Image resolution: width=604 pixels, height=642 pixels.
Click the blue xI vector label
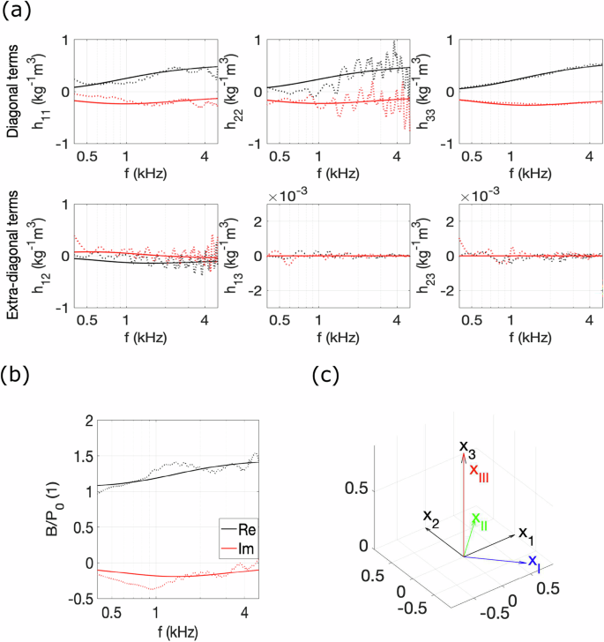point(534,563)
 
